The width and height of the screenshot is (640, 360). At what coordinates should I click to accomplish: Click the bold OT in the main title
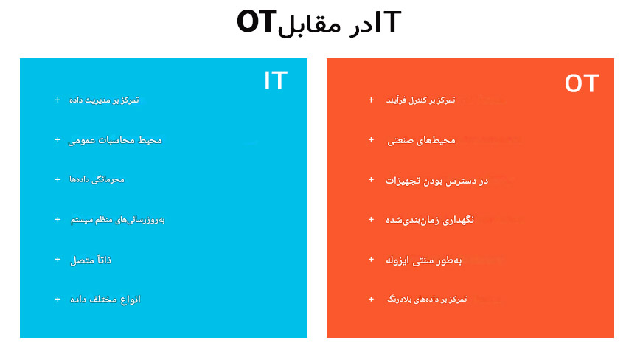pos(257,21)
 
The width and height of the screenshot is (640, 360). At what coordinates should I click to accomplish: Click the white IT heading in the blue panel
pos(276,80)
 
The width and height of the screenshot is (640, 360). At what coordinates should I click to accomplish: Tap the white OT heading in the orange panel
pos(582,83)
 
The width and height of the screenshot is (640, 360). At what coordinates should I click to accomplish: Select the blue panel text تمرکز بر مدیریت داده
pos(104,100)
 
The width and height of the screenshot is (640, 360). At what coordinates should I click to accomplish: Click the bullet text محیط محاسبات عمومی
pos(115,140)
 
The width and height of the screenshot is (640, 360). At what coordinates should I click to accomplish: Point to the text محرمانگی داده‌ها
pos(97,179)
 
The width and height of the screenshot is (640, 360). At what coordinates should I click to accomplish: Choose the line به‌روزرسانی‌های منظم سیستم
pos(117,220)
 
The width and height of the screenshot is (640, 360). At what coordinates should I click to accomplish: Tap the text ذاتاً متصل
pos(91,260)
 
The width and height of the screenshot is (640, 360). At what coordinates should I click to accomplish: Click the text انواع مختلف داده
pos(105,300)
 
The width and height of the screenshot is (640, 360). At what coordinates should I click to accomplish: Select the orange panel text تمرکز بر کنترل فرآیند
pos(421,100)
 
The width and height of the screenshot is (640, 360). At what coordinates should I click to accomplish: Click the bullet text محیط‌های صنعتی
pos(421,140)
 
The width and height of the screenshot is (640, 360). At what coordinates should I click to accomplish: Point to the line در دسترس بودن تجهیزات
pos(437,181)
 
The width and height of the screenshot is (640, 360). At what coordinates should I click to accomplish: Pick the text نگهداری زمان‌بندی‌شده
pos(430,220)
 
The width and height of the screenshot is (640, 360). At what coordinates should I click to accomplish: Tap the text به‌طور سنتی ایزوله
pos(424,260)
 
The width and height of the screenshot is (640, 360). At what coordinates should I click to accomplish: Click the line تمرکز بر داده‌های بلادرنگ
pos(427,300)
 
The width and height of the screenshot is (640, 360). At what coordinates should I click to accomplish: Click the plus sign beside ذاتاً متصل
pos(58,260)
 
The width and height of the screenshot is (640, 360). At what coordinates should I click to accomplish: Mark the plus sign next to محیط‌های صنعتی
pos(371,140)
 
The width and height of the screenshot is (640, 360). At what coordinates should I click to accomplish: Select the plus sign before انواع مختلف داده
pos(58,300)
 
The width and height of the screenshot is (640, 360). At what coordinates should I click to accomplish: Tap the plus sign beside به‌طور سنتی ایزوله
pos(371,260)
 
